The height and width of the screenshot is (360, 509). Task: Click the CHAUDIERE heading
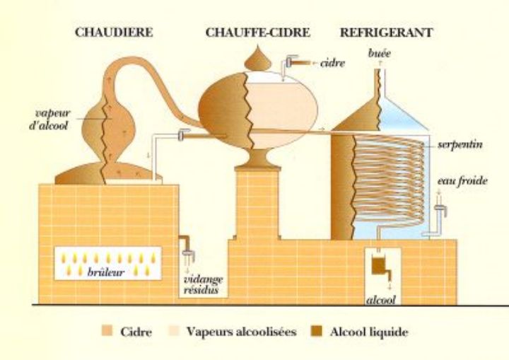pos(114,33)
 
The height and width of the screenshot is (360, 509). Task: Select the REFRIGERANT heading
pos(386,33)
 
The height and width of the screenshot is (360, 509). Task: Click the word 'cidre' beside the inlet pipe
pos(332,63)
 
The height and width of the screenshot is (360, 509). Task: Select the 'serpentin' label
pos(460,144)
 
